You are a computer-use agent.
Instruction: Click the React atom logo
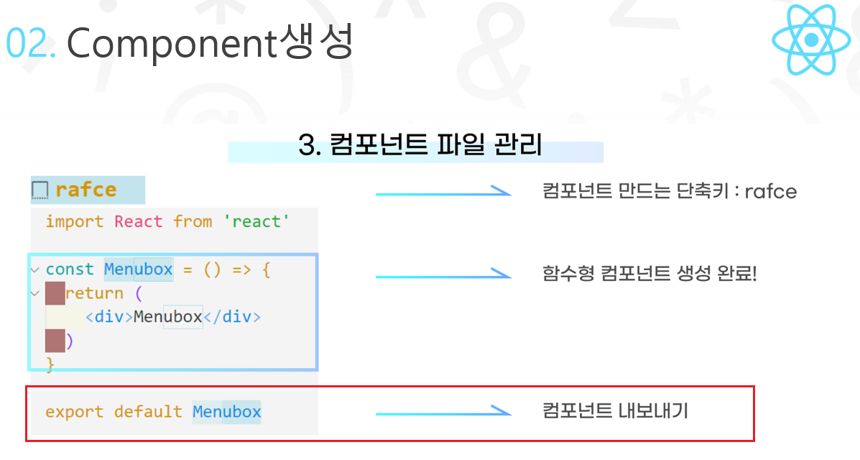[x=810, y=40]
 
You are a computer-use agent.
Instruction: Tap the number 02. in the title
[x=31, y=44]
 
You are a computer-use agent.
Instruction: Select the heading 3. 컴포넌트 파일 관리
[x=420, y=145]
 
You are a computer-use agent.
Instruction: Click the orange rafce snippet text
[x=85, y=190]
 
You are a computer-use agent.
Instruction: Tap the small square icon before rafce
[x=40, y=190]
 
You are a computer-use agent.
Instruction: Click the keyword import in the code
[x=74, y=221]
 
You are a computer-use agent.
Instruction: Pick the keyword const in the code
[x=70, y=270]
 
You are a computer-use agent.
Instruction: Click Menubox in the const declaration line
[x=139, y=270]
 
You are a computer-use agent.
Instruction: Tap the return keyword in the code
[x=94, y=293]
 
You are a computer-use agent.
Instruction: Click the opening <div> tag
[x=109, y=317]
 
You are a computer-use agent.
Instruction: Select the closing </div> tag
[x=231, y=317]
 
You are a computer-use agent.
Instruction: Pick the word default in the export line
[x=148, y=412]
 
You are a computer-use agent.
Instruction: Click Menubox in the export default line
[x=227, y=412]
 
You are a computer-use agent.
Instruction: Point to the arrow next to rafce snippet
[x=443, y=192]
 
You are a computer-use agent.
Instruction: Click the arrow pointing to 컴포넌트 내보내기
[x=443, y=412]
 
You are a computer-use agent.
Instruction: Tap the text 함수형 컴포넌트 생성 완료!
[x=649, y=274]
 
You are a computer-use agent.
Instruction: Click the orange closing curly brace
[x=50, y=365]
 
